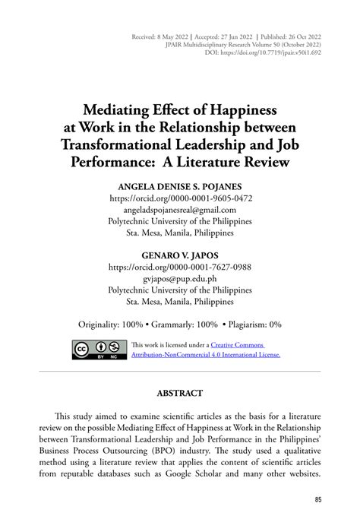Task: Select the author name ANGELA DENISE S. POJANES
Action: [180, 186]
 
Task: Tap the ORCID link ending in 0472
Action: [180, 198]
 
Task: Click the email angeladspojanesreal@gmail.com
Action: [180, 210]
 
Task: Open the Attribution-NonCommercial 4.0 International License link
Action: [206, 355]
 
